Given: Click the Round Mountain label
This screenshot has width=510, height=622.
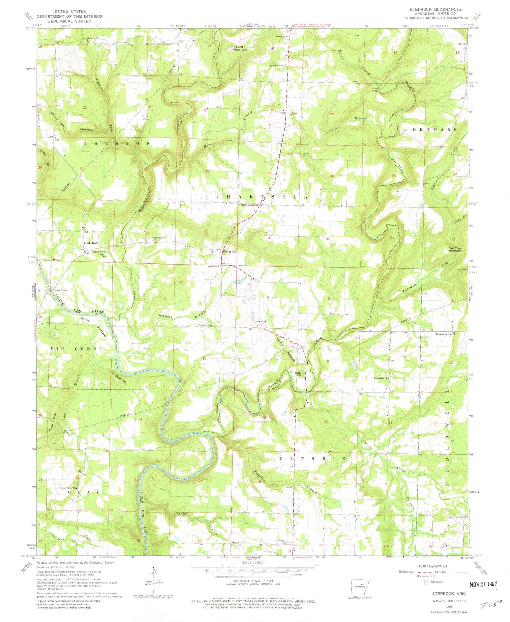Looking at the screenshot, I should (240, 48).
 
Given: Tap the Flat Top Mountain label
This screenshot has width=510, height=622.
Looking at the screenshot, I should (455, 249).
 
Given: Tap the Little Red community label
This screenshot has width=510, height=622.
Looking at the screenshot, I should (90, 243).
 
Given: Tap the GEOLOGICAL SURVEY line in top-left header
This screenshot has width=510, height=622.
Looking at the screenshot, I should (69, 21).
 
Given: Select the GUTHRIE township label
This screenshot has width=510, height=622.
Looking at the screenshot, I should (312, 458).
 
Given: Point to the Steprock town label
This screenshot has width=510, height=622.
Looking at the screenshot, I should (261, 321).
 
